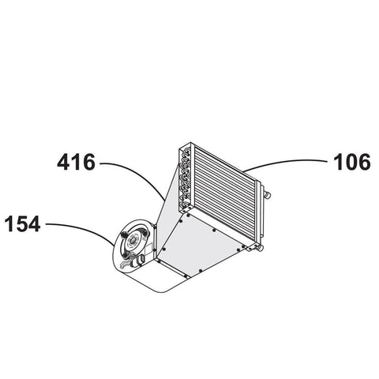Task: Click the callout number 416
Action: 76,163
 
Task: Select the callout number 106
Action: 352,162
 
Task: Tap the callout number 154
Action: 22,223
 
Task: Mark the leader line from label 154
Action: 85,228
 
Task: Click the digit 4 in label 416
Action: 64,163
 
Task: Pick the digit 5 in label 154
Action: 22,223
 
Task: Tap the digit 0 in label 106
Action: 352,163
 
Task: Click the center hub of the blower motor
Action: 132,240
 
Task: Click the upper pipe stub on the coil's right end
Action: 267,195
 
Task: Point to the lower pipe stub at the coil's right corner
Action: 261,248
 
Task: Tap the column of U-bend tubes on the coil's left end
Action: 185,179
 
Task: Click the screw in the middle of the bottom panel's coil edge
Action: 214,231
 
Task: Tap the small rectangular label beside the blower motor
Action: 148,249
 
